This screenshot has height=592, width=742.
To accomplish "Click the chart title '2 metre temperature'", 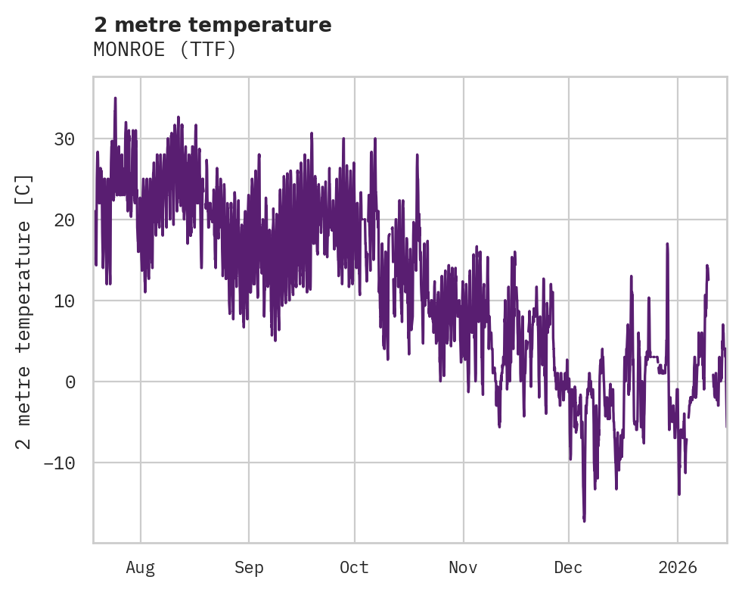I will [213, 25].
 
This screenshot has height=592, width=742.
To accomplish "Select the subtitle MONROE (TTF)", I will [165, 50].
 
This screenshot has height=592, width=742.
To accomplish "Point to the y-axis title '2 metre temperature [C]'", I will [25, 311].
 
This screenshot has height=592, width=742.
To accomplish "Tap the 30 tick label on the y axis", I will [64, 139].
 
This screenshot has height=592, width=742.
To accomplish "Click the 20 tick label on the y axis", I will [64, 220].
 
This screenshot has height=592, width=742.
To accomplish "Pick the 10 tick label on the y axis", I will [64, 301].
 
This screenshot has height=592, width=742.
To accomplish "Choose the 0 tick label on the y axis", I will [70, 382].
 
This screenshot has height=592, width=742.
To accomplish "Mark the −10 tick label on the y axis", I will [59, 463].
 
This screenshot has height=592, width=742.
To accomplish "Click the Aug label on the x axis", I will [141, 568].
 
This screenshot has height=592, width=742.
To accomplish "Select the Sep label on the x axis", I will [248, 568].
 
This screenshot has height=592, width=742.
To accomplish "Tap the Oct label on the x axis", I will [354, 568].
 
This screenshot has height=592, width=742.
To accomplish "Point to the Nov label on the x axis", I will [463, 568].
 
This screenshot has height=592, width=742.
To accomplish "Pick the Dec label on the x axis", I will [569, 568].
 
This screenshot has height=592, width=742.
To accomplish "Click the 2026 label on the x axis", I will [677, 568].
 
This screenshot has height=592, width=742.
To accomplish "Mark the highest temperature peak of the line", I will [115, 98].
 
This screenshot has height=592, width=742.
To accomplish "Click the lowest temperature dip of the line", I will [584, 520].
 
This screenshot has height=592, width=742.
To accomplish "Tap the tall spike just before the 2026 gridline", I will [667, 245].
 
